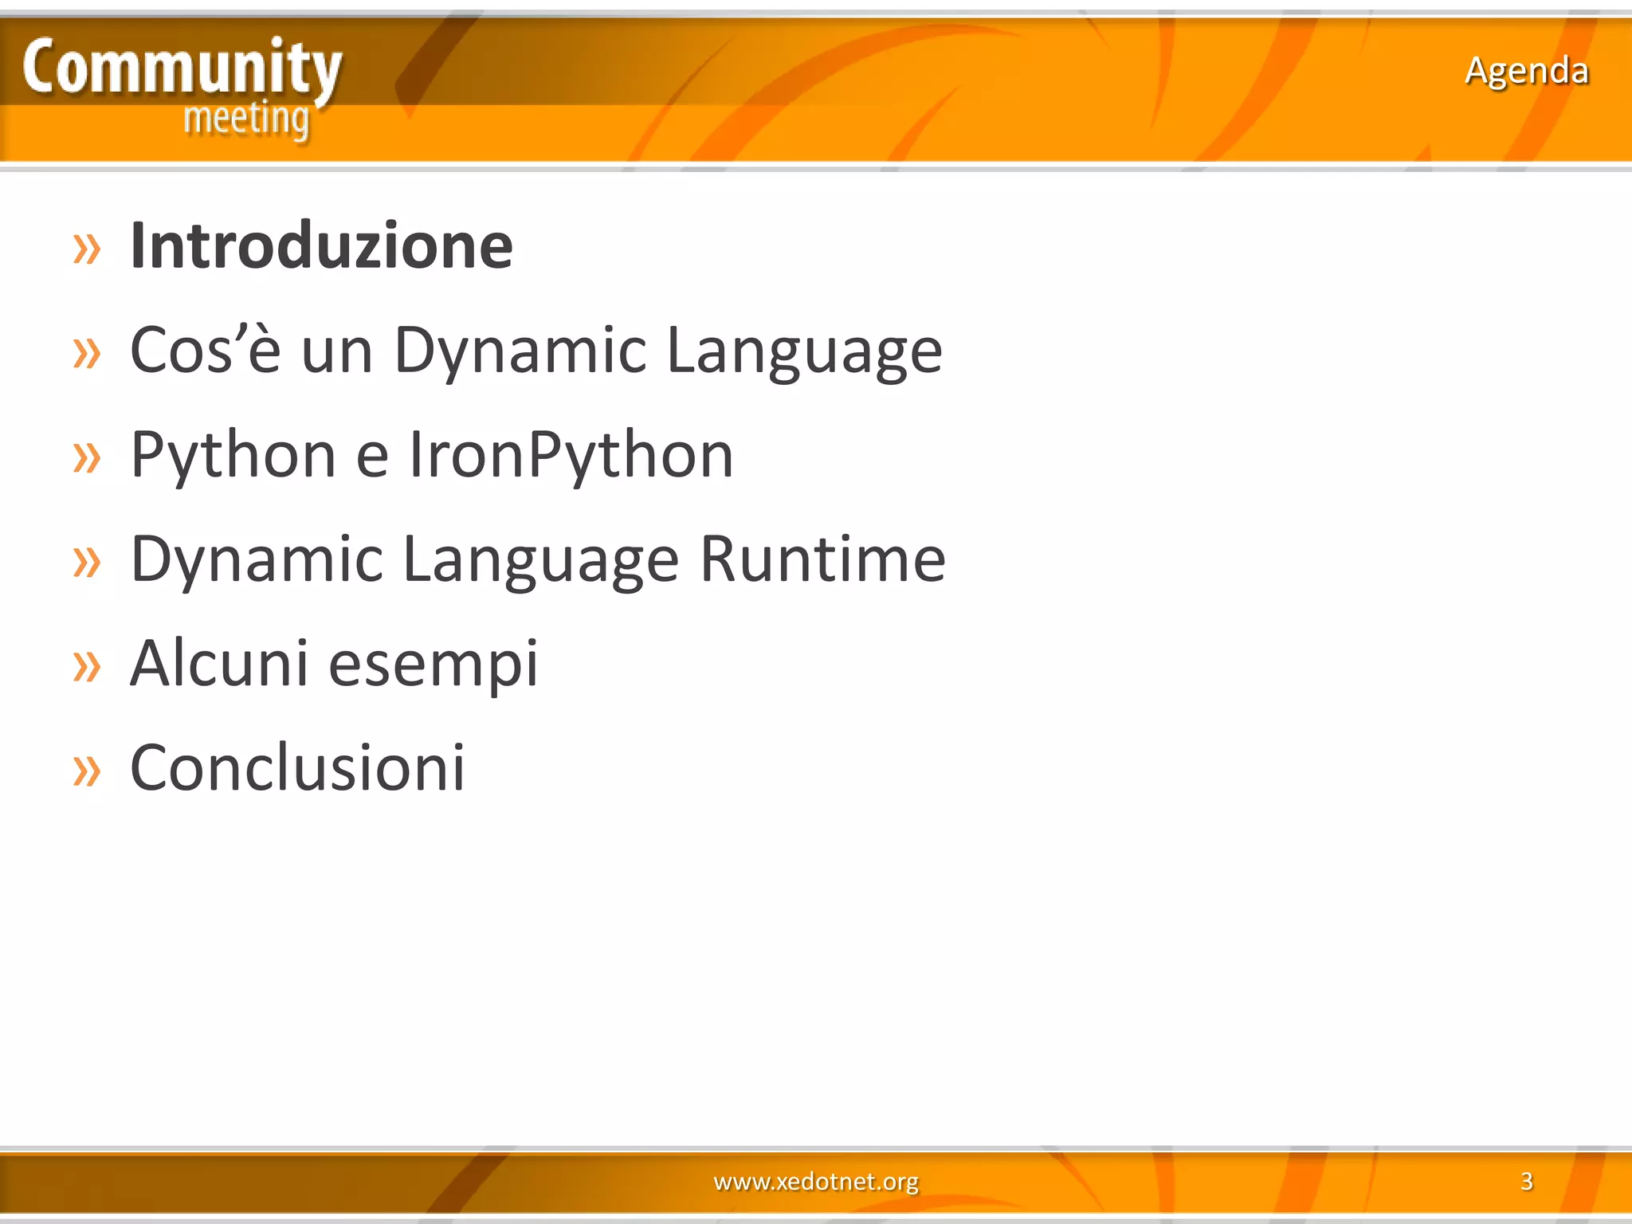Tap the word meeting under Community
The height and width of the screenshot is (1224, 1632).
pyautogui.click(x=246, y=120)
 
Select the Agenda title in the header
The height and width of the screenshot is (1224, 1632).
pyautogui.click(x=1526, y=71)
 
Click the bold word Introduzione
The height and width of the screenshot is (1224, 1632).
pyautogui.click(x=321, y=246)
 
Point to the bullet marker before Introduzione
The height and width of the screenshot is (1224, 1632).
pyautogui.click(x=87, y=249)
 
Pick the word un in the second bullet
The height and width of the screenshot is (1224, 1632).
pyautogui.click(x=337, y=351)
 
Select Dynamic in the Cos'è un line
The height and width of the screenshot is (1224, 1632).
pyautogui.click(x=520, y=350)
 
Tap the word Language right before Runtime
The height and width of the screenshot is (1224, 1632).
pyautogui.click(x=540, y=560)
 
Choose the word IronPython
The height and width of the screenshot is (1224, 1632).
pyautogui.click(x=571, y=455)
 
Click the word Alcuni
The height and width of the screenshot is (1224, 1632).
pyautogui.click(x=219, y=663)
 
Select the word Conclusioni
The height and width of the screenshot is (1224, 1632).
pyautogui.click(x=297, y=767)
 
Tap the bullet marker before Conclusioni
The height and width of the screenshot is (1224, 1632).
pyautogui.click(x=87, y=771)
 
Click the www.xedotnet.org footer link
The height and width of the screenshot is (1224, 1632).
pyautogui.click(x=816, y=1181)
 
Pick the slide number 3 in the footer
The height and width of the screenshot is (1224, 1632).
pyautogui.click(x=1526, y=1181)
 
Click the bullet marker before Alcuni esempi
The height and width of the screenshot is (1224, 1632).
pyautogui.click(x=87, y=667)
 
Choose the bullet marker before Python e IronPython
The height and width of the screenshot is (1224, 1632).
pyautogui.click(x=87, y=458)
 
